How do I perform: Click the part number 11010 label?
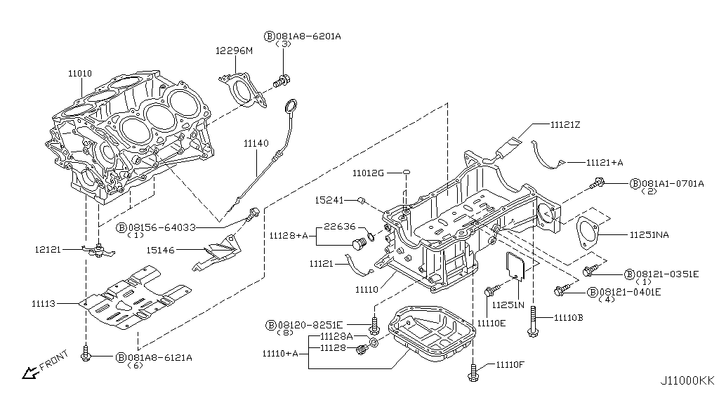(x=80, y=73)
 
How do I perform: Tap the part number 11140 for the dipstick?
(x=256, y=143)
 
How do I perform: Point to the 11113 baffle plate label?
(x=43, y=304)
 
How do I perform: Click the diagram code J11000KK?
(x=688, y=381)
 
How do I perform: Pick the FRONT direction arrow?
(x=31, y=368)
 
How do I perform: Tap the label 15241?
(x=329, y=201)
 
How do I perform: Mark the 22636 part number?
(x=339, y=226)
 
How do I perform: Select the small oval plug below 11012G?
(x=407, y=172)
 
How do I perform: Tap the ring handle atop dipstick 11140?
(x=289, y=107)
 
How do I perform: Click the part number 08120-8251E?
(x=309, y=325)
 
